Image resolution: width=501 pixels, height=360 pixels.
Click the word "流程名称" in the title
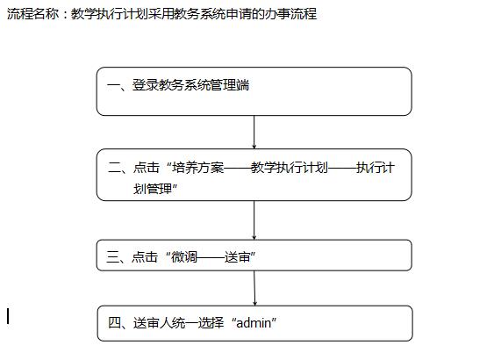[x=33, y=14]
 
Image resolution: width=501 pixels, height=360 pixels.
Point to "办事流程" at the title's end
[x=290, y=14]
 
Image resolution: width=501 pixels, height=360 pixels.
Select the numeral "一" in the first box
[x=113, y=85]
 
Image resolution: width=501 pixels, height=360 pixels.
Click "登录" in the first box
[x=146, y=85]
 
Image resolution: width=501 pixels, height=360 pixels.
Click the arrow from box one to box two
[x=254, y=132]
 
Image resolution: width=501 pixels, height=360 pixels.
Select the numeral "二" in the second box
[x=114, y=168]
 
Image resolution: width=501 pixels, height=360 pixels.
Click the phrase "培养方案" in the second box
[x=198, y=167]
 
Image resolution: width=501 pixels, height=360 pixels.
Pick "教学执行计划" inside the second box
[x=290, y=167]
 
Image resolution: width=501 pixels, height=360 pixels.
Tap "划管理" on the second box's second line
[x=153, y=189]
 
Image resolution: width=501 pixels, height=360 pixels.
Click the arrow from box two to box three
[x=254, y=220]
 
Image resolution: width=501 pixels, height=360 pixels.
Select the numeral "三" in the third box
[x=113, y=256]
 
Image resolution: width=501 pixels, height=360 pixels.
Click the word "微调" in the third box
[x=184, y=256]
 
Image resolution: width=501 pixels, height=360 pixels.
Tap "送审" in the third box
[x=237, y=256]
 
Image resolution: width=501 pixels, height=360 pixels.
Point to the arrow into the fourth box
[x=254, y=288]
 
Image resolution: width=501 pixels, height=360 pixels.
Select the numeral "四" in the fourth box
[x=114, y=322]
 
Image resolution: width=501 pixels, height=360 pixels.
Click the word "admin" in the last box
[x=254, y=323]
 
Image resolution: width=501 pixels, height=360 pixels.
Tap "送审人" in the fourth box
[x=153, y=322]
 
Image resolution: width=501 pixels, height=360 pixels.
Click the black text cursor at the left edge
[x=8, y=316]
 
